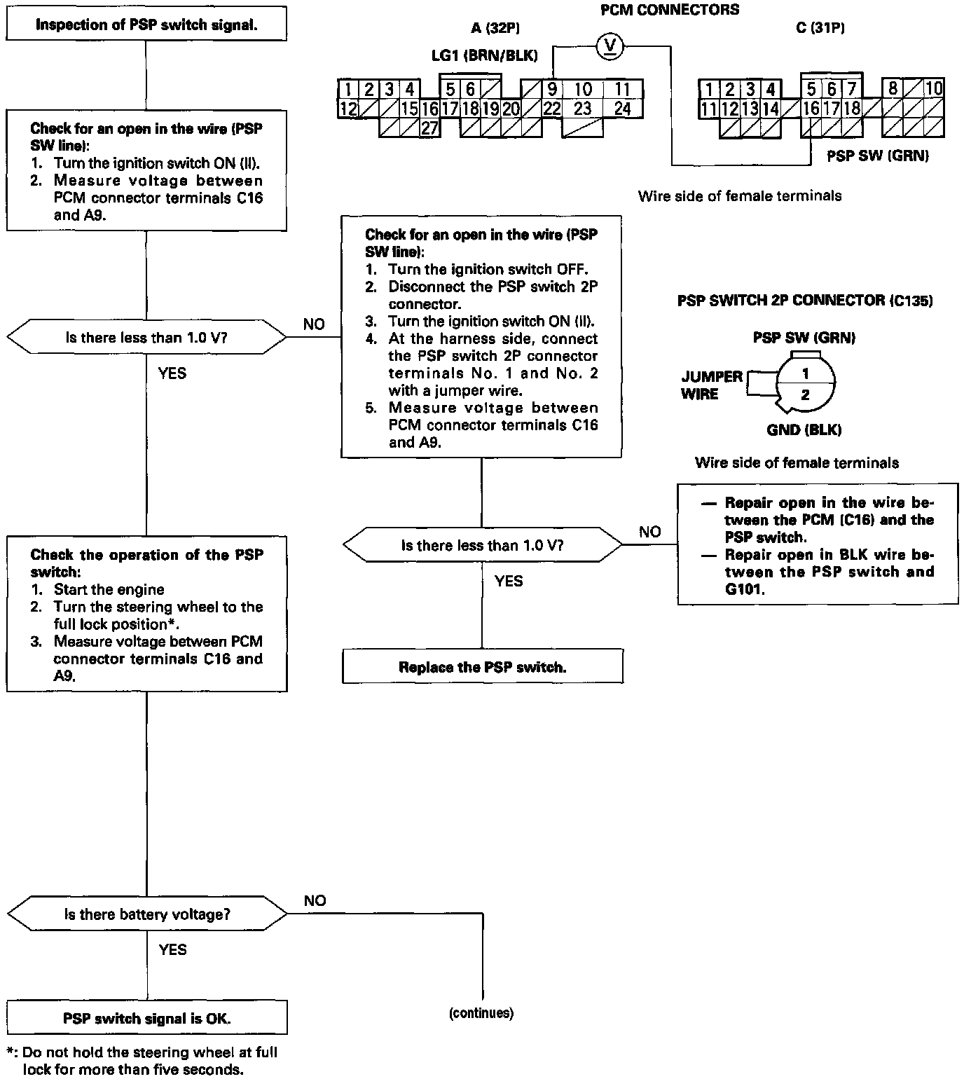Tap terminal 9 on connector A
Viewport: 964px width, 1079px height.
pyautogui.click(x=552, y=90)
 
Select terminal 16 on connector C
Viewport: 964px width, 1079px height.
pyautogui.click(x=811, y=109)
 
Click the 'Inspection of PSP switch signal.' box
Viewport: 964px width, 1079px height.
pyautogui.click(x=146, y=25)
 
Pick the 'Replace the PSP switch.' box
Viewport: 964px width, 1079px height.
pyautogui.click(x=482, y=667)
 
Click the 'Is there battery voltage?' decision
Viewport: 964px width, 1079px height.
pyautogui.click(x=146, y=914)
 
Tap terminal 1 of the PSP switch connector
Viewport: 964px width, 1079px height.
pyautogui.click(x=806, y=373)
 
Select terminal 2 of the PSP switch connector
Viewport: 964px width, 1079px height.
pyautogui.click(x=806, y=395)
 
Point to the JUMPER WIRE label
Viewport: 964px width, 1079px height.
pyautogui.click(x=711, y=385)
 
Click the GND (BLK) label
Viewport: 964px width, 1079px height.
pyautogui.click(x=804, y=430)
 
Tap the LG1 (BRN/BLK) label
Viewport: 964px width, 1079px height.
pyautogui.click(x=485, y=55)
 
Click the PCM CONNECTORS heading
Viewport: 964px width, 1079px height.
pyautogui.click(x=670, y=10)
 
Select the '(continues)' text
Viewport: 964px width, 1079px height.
pyautogui.click(x=481, y=1012)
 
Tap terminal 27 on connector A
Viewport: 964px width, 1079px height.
pyautogui.click(x=429, y=128)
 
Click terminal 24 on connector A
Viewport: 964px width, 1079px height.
pyautogui.click(x=622, y=109)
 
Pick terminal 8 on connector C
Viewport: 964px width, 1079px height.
pyautogui.click(x=892, y=89)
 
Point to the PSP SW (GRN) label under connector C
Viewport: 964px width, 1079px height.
pyautogui.click(x=878, y=156)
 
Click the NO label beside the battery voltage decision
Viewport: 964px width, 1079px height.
pyautogui.click(x=315, y=900)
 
